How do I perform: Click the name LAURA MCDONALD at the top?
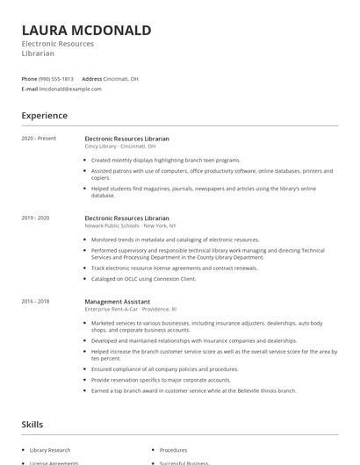(86, 30)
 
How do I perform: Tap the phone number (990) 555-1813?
(56, 79)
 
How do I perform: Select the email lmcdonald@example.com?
(70, 89)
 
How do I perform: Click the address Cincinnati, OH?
(120, 79)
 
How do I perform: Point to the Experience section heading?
(45, 115)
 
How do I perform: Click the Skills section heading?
(32, 425)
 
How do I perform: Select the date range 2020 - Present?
(39, 139)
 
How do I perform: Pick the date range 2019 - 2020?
(35, 218)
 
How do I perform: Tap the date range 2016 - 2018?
(35, 301)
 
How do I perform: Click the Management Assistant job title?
(119, 301)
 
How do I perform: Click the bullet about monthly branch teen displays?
(165, 160)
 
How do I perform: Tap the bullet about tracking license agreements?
(174, 268)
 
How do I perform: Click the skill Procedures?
(173, 449)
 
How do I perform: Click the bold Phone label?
(29, 79)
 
